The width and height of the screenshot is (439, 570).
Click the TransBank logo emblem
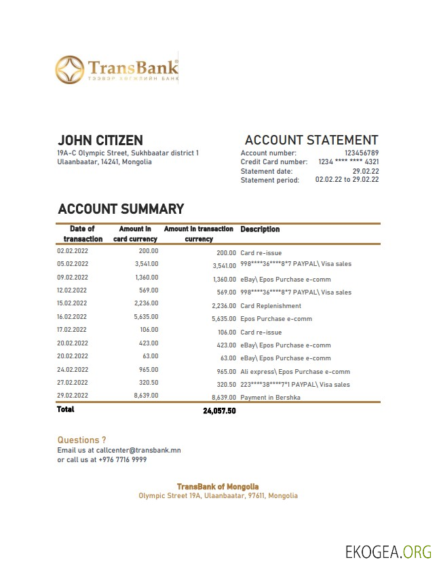pos(69,71)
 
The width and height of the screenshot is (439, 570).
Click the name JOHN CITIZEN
pos(100,140)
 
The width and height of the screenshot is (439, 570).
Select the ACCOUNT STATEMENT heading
pos(311,140)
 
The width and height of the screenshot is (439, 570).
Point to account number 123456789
pos(361,153)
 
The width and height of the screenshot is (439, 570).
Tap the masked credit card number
pos(348,162)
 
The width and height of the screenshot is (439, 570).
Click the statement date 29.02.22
pos(365,171)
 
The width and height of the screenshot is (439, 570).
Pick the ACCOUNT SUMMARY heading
pos(121,209)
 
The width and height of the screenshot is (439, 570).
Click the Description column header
pos(260,229)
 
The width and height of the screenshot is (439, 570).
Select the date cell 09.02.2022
pos(73,277)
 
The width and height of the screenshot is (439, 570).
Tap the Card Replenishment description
pos(271,306)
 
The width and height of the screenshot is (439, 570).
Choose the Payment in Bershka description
pos(270,398)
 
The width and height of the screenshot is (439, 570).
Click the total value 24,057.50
pos(219,411)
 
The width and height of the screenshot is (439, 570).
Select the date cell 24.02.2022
pos(73,370)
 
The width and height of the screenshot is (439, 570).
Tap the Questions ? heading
pos(81,440)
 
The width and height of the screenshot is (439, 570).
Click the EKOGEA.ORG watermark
pos(388,551)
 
